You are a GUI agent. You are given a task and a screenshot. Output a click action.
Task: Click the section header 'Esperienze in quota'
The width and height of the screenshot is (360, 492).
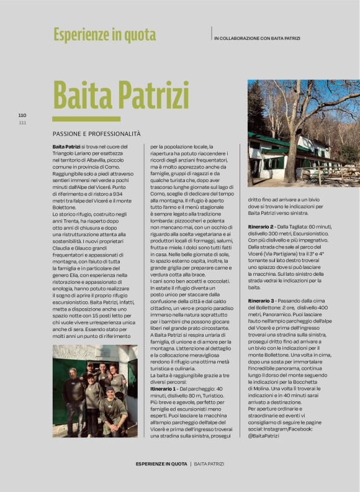tap(104, 35)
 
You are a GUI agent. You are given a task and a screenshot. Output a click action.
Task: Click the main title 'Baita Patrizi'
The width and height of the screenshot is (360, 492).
tap(120, 95)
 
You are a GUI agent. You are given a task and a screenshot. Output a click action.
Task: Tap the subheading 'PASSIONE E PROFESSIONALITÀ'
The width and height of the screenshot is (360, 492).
tap(96, 134)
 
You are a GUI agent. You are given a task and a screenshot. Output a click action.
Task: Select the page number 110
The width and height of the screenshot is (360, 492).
tap(22, 115)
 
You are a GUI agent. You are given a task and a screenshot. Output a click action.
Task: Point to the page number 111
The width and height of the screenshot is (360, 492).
tap(22, 122)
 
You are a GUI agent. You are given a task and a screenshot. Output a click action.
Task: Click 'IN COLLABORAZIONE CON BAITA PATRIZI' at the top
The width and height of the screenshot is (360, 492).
tap(256, 39)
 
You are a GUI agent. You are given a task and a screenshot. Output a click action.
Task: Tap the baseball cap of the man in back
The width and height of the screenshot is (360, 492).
tap(90, 365)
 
